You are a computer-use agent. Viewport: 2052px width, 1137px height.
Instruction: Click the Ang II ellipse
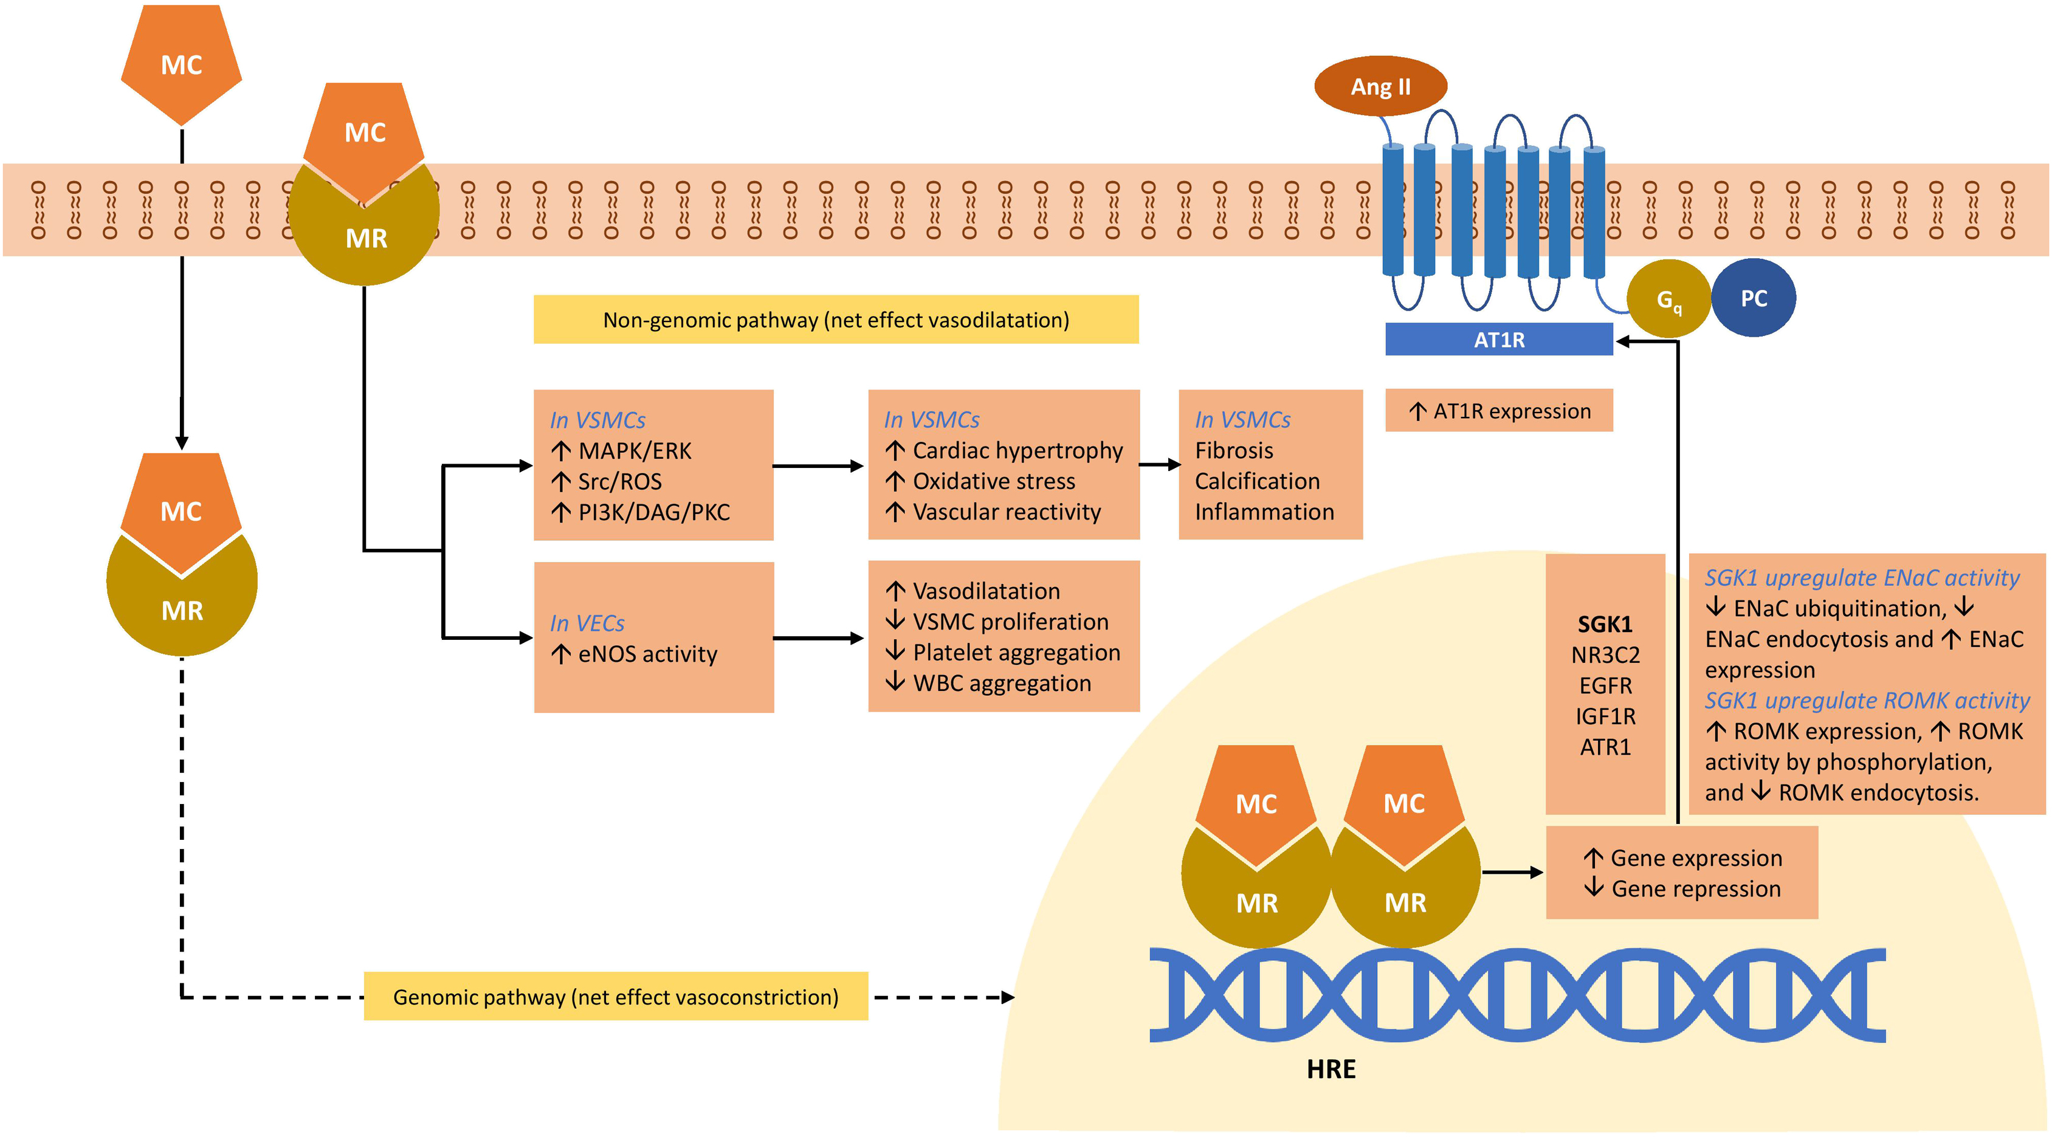(x=1380, y=86)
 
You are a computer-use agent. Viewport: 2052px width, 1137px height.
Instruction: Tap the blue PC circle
(x=1754, y=298)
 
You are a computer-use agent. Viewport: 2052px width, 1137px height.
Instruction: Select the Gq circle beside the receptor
(x=1668, y=300)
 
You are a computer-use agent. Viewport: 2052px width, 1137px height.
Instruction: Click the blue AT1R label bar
(x=1498, y=340)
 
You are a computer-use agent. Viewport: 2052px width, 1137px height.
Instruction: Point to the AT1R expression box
(x=1498, y=411)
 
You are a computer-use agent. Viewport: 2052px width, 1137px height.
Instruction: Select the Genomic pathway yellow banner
(x=616, y=997)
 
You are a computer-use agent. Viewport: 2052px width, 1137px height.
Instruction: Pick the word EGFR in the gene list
(x=1605, y=685)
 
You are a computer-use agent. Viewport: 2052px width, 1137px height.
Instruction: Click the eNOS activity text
(x=647, y=654)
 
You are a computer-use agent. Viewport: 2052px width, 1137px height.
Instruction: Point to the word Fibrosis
(x=1234, y=451)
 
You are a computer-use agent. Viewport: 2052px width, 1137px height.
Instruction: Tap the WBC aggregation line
(x=1001, y=683)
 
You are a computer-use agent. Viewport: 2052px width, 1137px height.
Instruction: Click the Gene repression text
(x=1695, y=888)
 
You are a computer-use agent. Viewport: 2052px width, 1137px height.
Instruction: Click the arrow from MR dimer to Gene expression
(x=1512, y=873)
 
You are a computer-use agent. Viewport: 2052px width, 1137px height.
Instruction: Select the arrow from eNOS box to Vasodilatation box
(x=819, y=637)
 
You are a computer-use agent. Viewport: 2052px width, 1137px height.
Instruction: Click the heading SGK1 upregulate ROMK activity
(x=1867, y=701)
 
